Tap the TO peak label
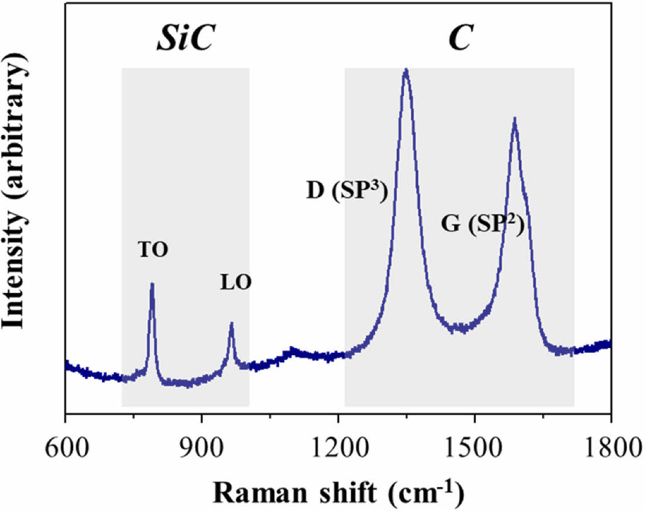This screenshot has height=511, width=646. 154,250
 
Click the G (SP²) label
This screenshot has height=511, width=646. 482,224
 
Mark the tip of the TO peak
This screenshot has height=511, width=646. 152,284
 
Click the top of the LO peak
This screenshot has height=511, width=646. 232,323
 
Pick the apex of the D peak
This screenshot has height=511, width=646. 406,70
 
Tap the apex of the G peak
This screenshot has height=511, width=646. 514,119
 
